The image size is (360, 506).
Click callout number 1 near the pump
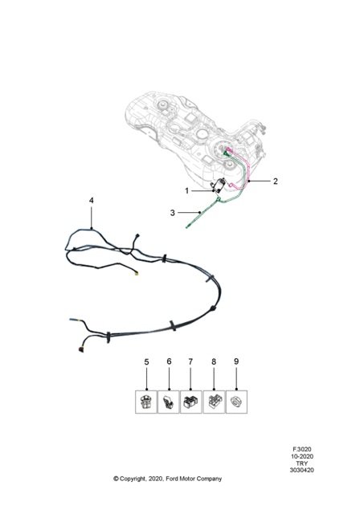[186, 191]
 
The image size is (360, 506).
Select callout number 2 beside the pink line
[275, 181]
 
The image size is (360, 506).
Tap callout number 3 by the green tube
[173, 213]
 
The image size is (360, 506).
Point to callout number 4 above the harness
[92, 201]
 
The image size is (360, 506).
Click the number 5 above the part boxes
[146, 361]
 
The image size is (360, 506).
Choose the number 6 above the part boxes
[169, 361]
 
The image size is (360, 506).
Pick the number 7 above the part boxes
[190, 361]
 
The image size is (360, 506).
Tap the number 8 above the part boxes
[214, 361]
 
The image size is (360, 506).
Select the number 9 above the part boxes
[236, 361]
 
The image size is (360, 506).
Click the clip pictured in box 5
[146, 402]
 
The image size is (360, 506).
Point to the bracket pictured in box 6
[168, 402]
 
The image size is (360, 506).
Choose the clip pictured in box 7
[190, 402]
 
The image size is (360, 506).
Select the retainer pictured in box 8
[214, 402]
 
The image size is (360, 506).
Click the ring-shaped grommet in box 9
[236, 402]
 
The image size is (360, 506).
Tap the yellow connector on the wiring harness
[137, 274]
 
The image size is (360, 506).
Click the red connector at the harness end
[80, 350]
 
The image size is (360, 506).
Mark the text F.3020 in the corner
[301, 449]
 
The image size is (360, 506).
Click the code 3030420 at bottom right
[301, 470]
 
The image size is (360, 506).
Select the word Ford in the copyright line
[172, 479]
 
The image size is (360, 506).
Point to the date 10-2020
[301, 456]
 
